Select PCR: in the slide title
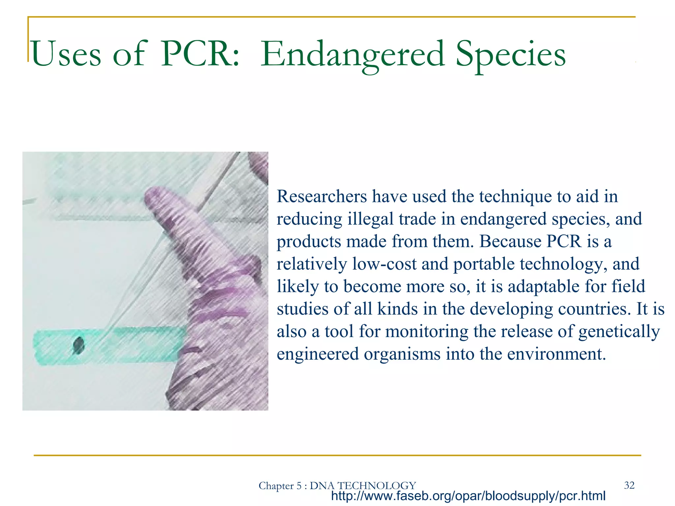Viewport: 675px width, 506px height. coord(200,54)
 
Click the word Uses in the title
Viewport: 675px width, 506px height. coord(66,54)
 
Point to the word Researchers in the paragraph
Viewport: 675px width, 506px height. coord(322,197)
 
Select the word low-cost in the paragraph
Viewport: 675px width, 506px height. coord(384,264)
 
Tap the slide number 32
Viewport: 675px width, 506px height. coord(629,485)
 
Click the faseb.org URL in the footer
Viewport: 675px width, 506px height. coord(468,496)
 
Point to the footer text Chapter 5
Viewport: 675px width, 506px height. coord(280,486)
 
